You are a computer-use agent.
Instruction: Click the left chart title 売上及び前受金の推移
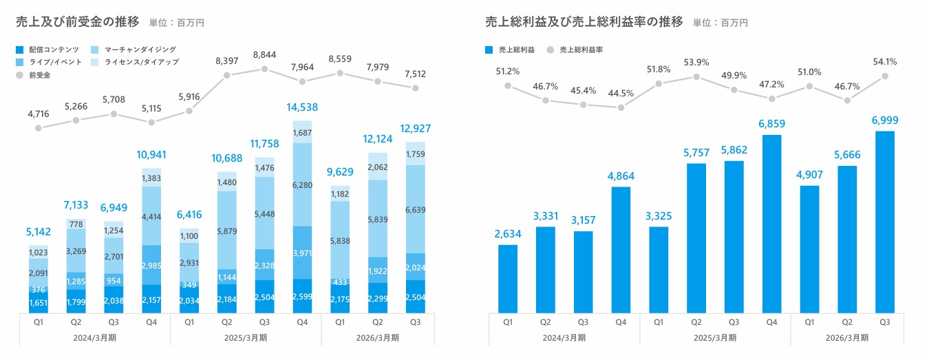click(78, 21)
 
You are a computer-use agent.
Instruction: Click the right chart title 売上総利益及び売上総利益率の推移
click(584, 21)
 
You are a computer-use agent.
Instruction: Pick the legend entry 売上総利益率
click(581, 50)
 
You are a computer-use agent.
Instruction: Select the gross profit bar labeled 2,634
click(507, 279)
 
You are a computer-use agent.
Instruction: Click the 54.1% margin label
click(885, 61)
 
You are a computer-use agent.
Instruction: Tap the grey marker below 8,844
click(264, 69)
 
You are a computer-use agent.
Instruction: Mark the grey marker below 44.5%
click(621, 107)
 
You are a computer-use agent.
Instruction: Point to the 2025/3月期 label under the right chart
click(716, 337)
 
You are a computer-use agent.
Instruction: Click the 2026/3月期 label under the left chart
click(378, 337)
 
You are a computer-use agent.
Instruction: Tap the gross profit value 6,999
click(885, 120)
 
